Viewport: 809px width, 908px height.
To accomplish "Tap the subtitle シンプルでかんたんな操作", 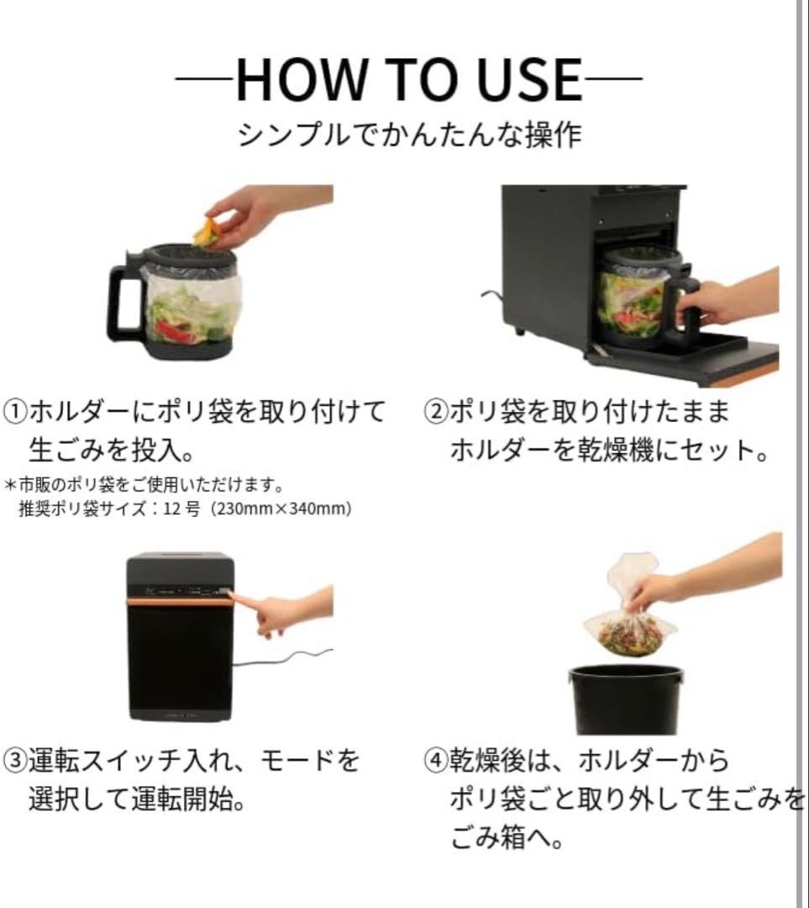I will [x=409, y=135].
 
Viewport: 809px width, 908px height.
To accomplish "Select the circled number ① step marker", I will [x=18, y=412].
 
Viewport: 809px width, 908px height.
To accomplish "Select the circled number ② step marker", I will [x=436, y=412].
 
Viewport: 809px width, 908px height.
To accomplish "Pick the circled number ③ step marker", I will [x=18, y=762].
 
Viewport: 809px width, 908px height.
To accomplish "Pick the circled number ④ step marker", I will [x=436, y=762].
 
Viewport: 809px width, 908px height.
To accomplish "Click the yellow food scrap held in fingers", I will [x=207, y=231].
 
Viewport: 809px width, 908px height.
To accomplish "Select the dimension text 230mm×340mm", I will [x=282, y=509].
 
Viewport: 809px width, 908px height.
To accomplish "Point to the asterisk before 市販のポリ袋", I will [x=10, y=486].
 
